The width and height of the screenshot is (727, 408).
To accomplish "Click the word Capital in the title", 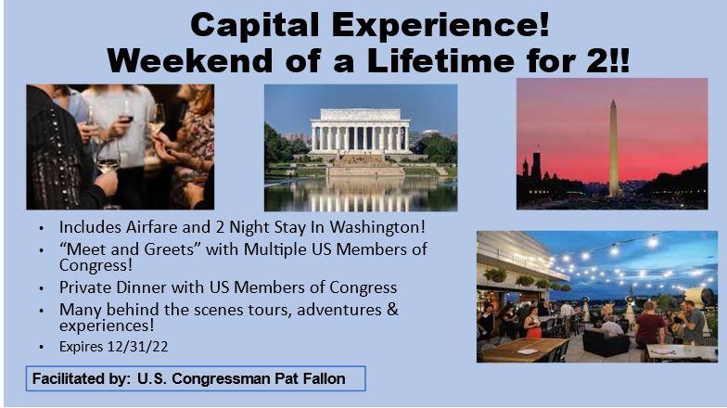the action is pyautogui.click(x=254, y=25).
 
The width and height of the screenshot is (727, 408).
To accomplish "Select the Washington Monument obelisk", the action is pyautogui.click(x=613, y=148).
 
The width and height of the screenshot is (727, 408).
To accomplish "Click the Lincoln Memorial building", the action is pyautogui.click(x=360, y=132).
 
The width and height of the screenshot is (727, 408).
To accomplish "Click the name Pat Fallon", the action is pyautogui.click(x=310, y=378).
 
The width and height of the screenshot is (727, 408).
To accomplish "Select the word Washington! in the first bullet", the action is pyautogui.click(x=377, y=227).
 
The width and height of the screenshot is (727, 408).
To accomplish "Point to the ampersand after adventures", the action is pyautogui.click(x=393, y=310).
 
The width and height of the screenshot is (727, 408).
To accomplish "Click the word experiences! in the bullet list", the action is pyautogui.click(x=107, y=325).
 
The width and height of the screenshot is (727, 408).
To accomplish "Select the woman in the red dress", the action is pyautogui.click(x=532, y=323).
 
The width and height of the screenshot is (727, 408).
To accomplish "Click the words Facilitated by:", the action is pyautogui.click(x=82, y=378).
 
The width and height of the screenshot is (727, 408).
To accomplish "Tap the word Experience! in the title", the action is pyautogui.click(x=440, y=26).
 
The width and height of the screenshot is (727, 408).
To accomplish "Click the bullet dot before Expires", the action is pyautogui.click(x=42, y=347).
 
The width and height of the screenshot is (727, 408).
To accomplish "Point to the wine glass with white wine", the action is pyautogui.click(x=108, y=159).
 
